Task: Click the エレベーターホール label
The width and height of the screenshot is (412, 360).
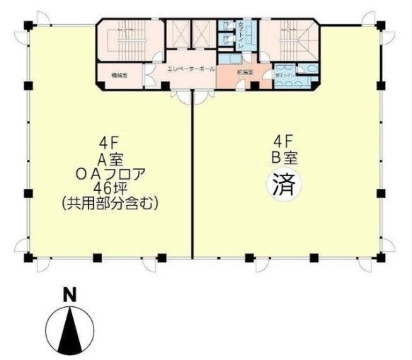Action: point(191,69)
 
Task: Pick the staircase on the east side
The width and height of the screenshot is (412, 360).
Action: point(291,39)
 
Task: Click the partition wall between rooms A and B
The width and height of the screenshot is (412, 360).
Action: point(193,184)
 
